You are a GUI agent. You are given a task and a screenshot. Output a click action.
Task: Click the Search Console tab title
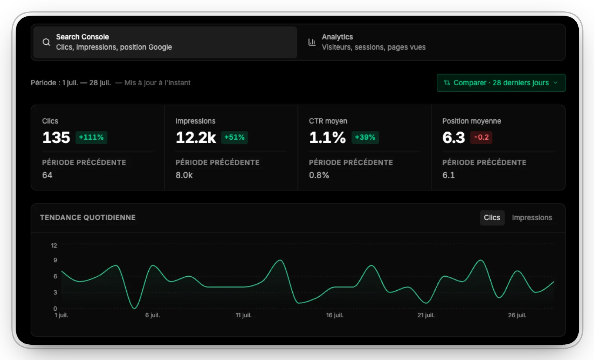(x=83, y=37)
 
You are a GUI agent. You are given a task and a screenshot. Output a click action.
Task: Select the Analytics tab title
(x=337, y=37)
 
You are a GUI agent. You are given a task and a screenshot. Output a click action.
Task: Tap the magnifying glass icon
(x=47, y=42)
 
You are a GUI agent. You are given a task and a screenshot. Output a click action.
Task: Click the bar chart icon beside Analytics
(x=312, y=42)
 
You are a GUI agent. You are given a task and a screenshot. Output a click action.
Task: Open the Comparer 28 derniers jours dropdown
(x=501, y=83)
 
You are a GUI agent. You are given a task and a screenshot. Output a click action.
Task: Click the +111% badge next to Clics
(x=91, y=137)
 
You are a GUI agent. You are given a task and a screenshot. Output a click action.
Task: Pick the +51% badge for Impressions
(x=234, y=137)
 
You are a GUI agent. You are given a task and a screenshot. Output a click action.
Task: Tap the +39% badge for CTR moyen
(x=365, y=137)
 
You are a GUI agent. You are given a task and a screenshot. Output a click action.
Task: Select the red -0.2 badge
(x=481, y=137)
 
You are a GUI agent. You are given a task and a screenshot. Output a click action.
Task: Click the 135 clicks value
(x=56, y=138)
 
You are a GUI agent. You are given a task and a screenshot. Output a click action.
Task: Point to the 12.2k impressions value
(x=196, y=138)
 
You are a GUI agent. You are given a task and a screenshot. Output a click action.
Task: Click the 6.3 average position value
(x=454, y=138)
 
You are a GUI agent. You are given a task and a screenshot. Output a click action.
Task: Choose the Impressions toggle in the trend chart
(x=532, y=218)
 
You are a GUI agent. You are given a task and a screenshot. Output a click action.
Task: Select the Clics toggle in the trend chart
(x=492, y=218)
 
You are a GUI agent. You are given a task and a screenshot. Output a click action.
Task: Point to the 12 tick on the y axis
(x=54, y=245)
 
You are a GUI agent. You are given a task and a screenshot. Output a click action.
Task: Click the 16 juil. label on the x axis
(x=335, y=315)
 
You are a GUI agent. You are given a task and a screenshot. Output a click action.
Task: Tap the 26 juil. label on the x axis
(x=517, y=315)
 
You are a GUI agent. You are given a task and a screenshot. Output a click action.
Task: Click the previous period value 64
(x=47, y=175)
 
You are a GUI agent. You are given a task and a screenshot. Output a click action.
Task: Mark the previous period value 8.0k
(x=184, y=175)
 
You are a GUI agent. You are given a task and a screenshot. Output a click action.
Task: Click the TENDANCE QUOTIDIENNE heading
(x=88, y=218)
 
